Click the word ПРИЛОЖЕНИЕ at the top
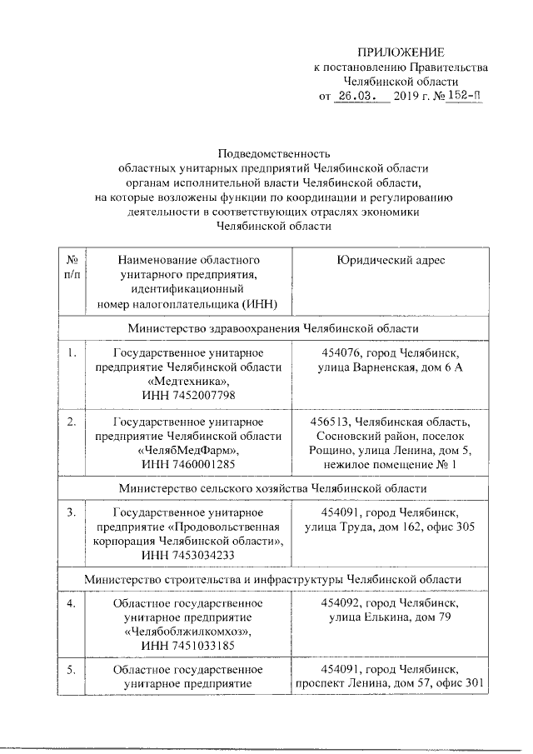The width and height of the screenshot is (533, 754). (x=402, y=52)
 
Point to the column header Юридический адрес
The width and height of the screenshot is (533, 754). (x=390, y=261)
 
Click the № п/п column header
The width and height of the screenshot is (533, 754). (x=72, y=267)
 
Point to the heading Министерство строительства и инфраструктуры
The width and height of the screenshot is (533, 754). (x=273, y=578)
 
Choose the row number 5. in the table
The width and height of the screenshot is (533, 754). (x=72, y=669)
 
